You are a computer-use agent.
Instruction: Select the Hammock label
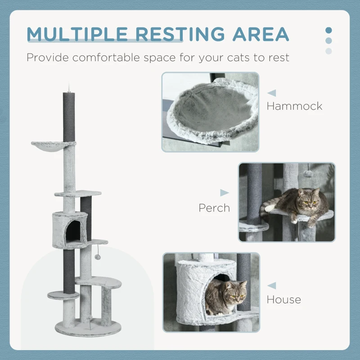point(294,106)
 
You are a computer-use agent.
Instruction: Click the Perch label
point(214,208)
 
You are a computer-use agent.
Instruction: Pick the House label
point(284,299)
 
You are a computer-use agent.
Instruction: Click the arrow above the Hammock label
point(271,93)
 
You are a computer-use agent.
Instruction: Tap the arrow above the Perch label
point(224,193)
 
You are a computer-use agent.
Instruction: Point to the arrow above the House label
point(271,286)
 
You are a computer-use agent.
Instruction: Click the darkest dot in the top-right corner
point(328,30)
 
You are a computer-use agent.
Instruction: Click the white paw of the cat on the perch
point(269,208)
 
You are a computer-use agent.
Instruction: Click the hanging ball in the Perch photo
point(307,174)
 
